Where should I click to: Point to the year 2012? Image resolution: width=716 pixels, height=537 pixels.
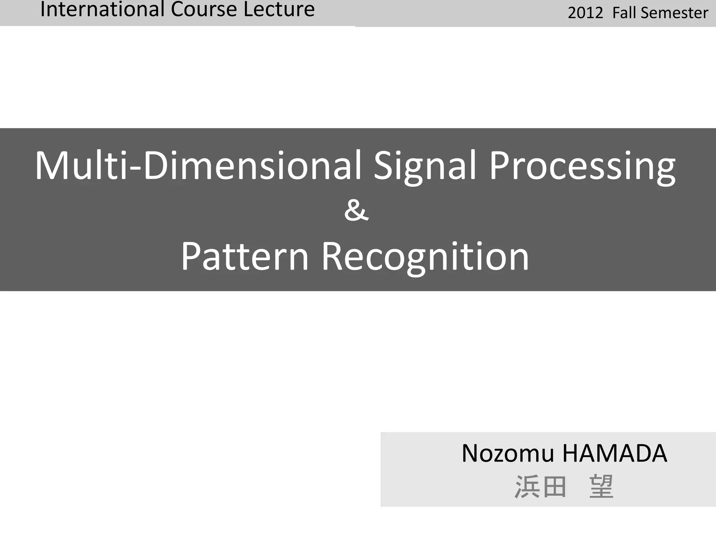click(585, 13)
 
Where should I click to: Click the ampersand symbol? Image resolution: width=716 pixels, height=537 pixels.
click(356, 210)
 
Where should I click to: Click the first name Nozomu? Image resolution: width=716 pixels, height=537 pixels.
click(508, 453)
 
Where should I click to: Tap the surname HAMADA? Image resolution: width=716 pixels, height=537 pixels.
click(615, 453)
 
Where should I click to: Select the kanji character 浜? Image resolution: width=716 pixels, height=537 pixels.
click(527, 487)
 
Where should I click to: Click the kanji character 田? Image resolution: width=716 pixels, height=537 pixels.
click(554, 487)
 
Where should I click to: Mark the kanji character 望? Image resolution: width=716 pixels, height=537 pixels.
click(601, 487)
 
